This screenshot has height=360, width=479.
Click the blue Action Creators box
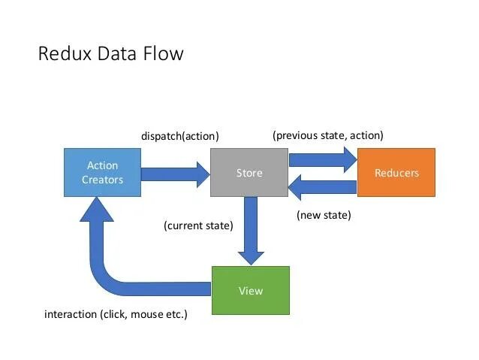[102, 172]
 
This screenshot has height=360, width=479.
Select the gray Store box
[249, 172]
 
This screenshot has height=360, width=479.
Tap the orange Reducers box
[396, 172]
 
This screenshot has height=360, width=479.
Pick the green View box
[250, 290]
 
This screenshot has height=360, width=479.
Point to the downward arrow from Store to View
[251, 229]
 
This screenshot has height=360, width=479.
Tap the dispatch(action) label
[180, 136]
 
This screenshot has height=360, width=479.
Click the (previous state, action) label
[328, 135]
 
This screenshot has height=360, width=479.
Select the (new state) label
[324, 215]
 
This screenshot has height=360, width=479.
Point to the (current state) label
[198, 225]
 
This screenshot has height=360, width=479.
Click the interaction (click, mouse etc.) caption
[116, 314]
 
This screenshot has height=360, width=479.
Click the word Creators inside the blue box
[102, 180]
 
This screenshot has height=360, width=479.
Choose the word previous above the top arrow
[299, 135]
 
